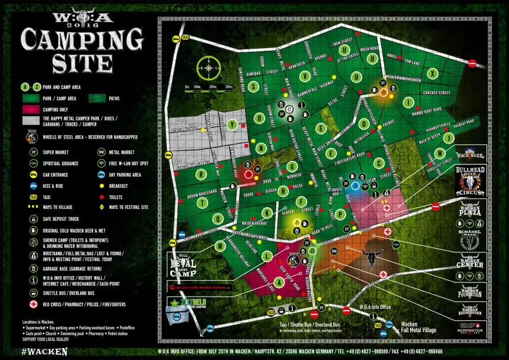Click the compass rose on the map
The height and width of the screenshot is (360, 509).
[x=209, y=68]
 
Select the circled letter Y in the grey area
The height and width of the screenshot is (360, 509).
[x=231, y=124]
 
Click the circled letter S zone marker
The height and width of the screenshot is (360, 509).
[x=255, y=87]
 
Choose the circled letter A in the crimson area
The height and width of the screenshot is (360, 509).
[x=278, y=281]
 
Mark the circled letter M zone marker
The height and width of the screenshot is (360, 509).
[x=220, y=246]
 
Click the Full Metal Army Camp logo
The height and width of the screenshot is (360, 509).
[x=183, y=265]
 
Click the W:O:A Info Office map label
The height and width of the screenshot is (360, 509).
[x=375, y=307]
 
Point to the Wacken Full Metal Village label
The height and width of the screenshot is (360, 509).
[x=418, y=327]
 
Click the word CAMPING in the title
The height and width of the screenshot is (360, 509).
[x=81, y=40]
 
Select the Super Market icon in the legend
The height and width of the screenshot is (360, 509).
[x=33, y=152]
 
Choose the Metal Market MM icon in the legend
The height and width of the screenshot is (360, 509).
[x=101, y=152]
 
